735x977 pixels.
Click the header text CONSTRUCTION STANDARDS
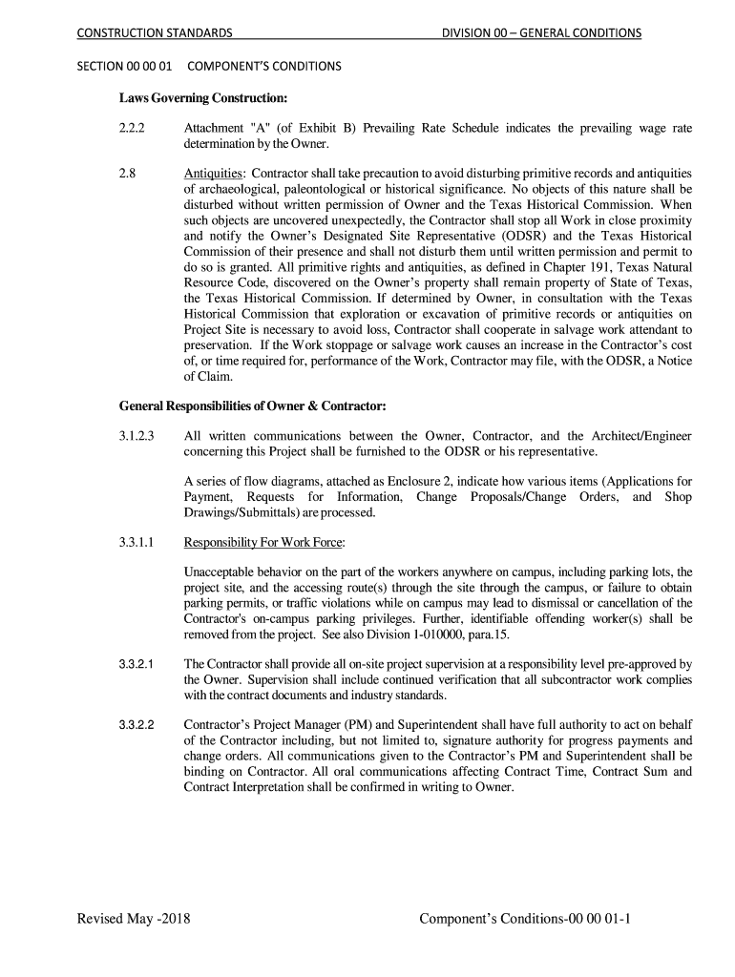[x=154, y=33]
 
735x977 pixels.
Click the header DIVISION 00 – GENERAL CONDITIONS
[x=540, y=33]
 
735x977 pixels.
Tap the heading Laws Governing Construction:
[x=202, y=97]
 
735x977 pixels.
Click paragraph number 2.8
[x=127, y=174]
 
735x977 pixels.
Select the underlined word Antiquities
[x=213, y=174]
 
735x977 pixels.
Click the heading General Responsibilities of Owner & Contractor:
[x=252, y=405]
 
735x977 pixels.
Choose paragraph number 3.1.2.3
[x=140, y=436]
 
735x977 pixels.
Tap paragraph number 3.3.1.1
[x=140, y=543]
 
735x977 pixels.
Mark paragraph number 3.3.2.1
[x=140, y=663]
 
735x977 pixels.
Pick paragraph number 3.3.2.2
[x=140, y=725]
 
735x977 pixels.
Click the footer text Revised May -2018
[x=134, y=919]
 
